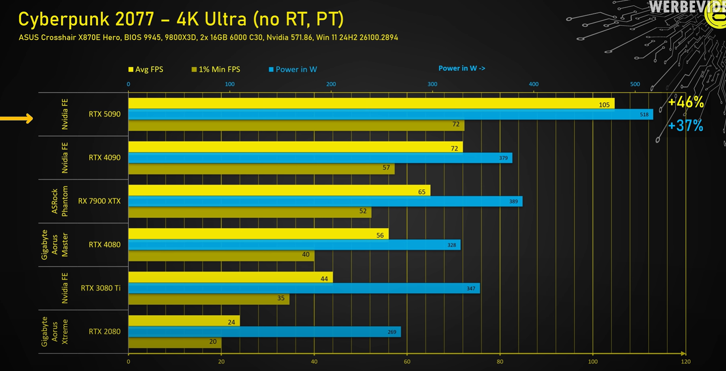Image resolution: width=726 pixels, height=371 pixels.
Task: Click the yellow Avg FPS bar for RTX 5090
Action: point(370,103)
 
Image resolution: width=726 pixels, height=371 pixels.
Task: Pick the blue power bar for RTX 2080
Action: point(264,332)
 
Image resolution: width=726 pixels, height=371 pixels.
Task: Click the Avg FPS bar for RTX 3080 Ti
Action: point(230,277)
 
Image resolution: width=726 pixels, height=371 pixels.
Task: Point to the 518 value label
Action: point(644,115)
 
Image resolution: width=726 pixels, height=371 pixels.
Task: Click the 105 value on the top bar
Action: point(604,105)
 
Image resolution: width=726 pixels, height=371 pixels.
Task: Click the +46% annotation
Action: point(685,103)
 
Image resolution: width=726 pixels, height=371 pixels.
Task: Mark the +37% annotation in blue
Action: point(685,126)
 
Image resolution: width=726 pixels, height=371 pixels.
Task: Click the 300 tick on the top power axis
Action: point(432,84)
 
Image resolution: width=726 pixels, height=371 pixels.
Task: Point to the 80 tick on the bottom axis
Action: point(500,362)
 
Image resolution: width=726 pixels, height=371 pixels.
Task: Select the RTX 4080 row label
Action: point(104,244)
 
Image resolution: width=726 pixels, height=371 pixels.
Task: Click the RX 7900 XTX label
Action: point(99,201)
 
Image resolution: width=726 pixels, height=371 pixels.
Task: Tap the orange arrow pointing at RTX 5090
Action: point(17,118)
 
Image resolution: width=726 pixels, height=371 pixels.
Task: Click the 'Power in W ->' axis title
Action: point(461,68)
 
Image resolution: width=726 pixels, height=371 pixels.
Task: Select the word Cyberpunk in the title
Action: point(64,19)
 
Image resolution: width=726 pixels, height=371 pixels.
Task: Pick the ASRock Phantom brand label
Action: point(60,201)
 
